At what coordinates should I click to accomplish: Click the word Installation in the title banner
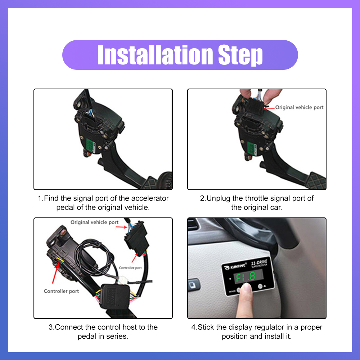pyautogui.click(x=155, y=55)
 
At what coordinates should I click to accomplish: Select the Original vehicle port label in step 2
pyautogui.click(x=299, y=107)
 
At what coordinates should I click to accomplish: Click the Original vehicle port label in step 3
pyautogui.click(x=94, y=222)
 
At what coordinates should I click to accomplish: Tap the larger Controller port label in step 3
pyautogui.click(x=61, y=291)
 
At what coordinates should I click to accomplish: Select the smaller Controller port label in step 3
pyautogui.click(x=130, y=268)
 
